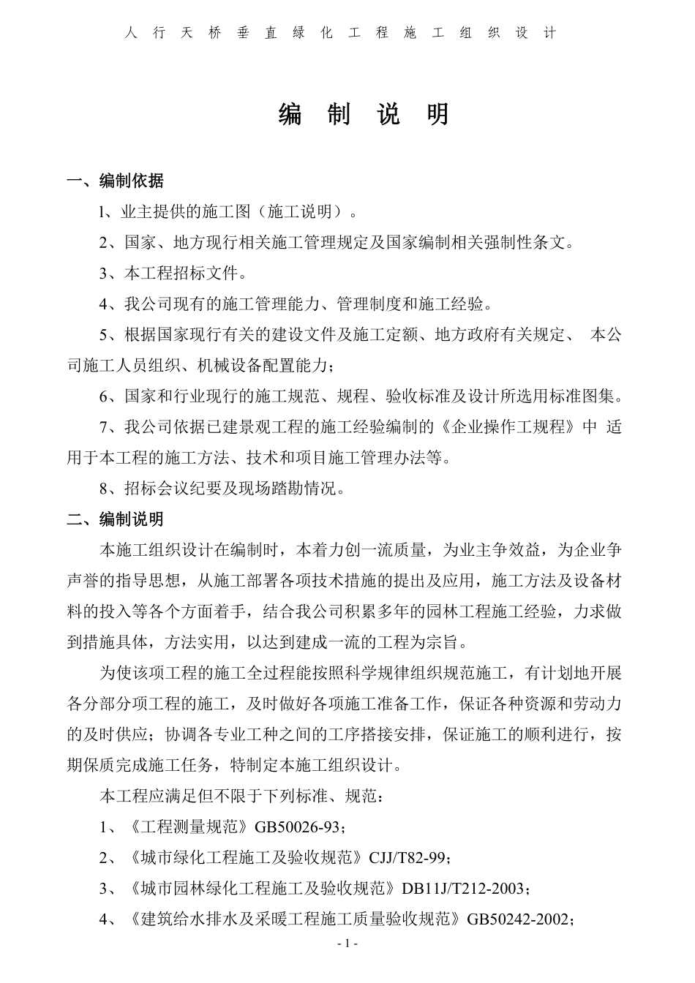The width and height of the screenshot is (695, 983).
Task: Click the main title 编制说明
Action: click(x=364, y=115)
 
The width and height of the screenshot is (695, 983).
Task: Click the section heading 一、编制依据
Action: click(x=115, y=181)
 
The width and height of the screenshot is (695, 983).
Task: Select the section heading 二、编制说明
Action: click(x=115, y=519)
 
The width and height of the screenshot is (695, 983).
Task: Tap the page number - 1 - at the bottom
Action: click(x=347, y=944)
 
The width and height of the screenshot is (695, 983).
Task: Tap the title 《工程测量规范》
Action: click(x=189, y=827)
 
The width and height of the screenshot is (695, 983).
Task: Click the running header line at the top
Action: click(x=341, y=33)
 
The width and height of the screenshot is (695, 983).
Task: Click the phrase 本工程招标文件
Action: click(x=181, y=274)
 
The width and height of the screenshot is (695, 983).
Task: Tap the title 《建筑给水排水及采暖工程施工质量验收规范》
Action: click(x=293, y=919)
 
